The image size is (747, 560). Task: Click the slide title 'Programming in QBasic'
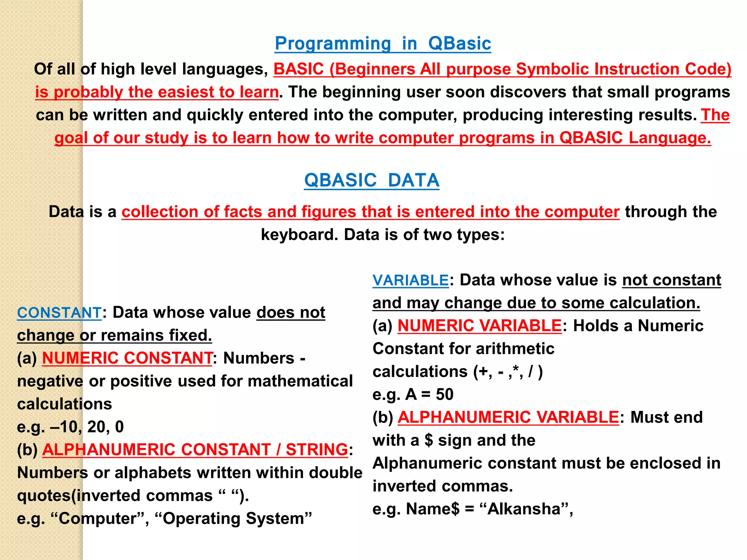tap(383, 44)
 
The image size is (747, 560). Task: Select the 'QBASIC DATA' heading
tap(372, 180)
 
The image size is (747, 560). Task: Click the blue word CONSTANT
tap(59, 313)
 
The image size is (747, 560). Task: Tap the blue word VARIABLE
tap(410, 280)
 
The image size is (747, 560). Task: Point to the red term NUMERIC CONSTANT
tap(127, 358)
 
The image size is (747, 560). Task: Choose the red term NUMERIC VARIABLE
tap(479, 326)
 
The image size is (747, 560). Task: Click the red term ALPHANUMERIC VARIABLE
tap(508, 417)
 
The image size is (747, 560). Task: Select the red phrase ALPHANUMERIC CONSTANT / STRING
tap(195, 450)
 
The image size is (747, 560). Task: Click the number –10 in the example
tap(63, 427)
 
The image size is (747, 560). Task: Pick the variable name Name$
tap(433, 509)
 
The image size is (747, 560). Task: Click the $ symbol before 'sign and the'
tap(429, 440)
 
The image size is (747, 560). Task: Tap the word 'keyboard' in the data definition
tap(299, 235)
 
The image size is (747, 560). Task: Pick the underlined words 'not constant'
tap(671, 280)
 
